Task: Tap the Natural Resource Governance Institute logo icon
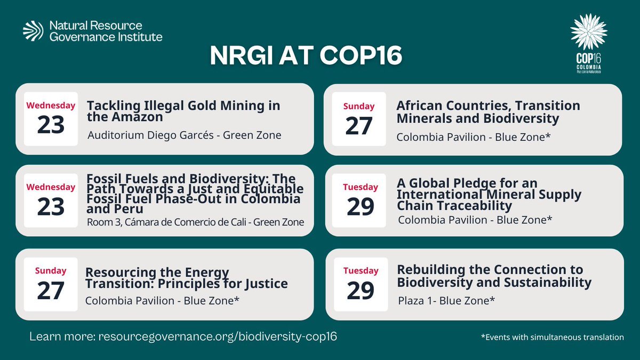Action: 33,31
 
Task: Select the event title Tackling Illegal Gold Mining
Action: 183,111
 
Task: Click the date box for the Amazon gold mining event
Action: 50,119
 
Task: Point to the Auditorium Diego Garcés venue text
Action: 184,135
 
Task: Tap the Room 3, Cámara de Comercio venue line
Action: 195,222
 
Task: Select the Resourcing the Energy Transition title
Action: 187,278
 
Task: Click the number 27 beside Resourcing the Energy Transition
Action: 50,291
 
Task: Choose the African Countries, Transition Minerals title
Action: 488,111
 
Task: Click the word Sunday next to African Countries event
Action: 358,106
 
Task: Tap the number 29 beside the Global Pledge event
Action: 361,207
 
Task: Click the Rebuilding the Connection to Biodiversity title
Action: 494,275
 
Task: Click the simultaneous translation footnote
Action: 551,338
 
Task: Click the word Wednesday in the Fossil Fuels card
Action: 51,187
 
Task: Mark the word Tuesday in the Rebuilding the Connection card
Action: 361,270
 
